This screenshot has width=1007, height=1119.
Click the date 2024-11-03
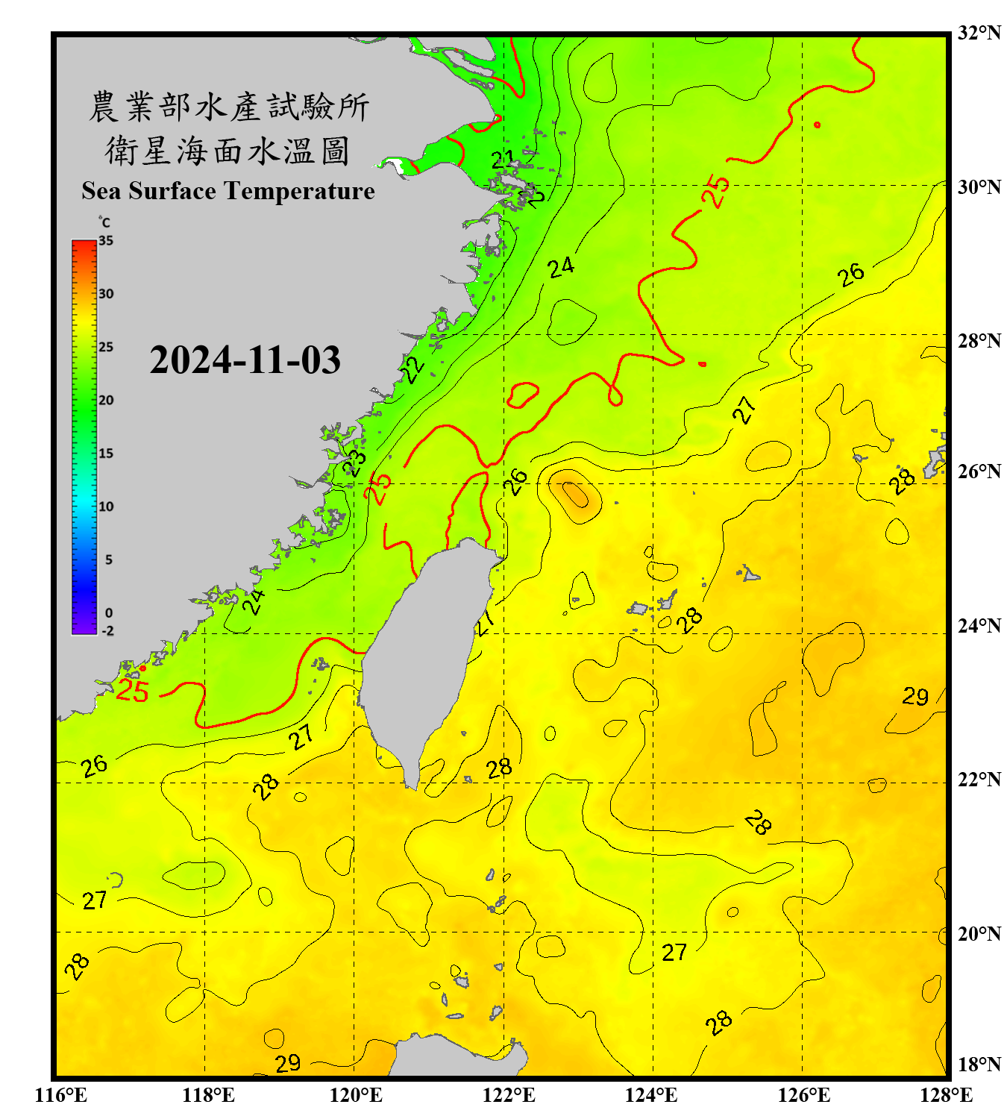(245, 360)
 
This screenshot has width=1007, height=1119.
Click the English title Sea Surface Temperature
(228, 191)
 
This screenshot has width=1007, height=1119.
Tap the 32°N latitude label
(979, 33)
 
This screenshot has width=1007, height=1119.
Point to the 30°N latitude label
(979, 186)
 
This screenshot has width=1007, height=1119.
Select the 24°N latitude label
(979, 625)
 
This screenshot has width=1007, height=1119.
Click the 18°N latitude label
(979, 1064)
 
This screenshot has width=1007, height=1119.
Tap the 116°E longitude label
(61, 1095)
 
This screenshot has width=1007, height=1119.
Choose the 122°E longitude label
(509, 1095)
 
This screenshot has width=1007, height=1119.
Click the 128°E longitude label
(946, 1095)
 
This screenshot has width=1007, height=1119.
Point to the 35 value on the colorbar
(106, 240)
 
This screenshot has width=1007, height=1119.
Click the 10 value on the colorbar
(106, 507)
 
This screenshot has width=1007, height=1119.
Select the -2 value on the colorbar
(107, 630)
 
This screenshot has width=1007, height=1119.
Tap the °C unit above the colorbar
(104, 222)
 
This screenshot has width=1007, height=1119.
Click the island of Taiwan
(425, 656)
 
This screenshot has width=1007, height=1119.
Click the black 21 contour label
(503, 159)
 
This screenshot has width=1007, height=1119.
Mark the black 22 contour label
(412, 369)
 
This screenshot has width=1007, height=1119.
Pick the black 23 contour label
(354, 463)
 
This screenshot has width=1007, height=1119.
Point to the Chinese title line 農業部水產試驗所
(228, 107)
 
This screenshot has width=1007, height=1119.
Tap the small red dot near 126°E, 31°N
(818, 125)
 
